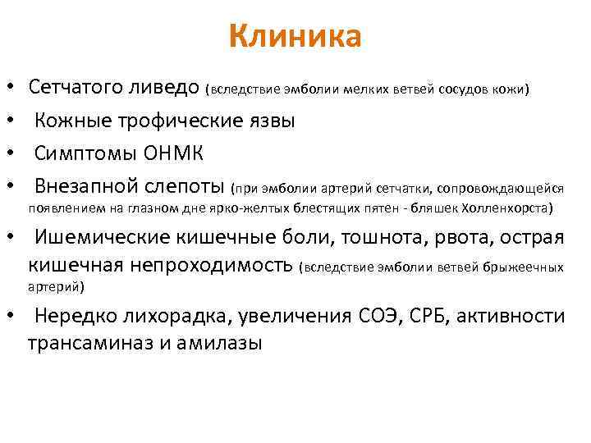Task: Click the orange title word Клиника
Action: [x=295, y=37]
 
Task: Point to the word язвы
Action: [x=270, y=121]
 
